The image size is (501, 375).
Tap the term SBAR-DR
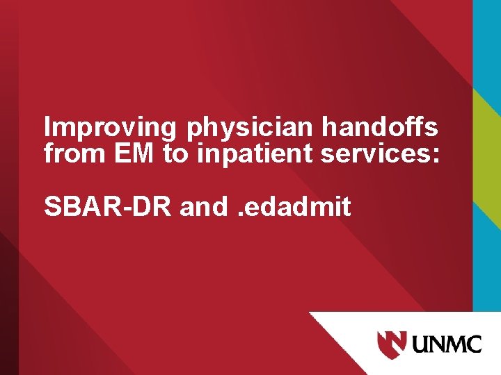pos(108,206)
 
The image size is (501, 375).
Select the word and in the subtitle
pos(203,206)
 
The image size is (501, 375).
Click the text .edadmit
pos(294,206)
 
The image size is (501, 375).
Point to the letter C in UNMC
pos(473,344)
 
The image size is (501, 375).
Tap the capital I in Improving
pos(47,128)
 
